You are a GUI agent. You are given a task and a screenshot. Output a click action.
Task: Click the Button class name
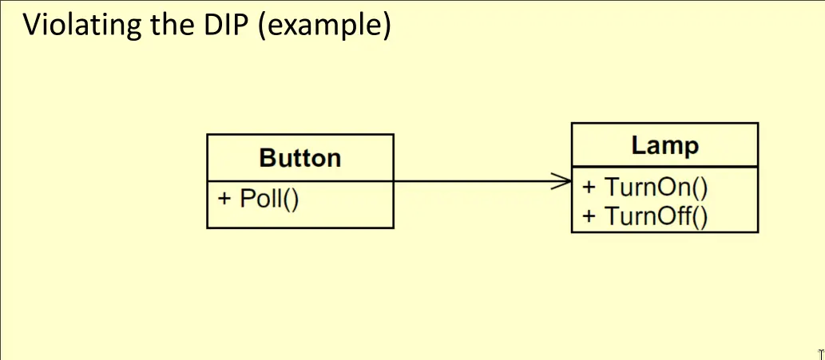[x=300, y=158]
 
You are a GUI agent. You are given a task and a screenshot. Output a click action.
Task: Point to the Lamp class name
[x=664, y=146]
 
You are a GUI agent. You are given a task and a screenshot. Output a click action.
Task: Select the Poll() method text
[x=269, y=198]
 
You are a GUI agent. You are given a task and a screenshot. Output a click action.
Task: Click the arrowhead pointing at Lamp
[x=564, y=181]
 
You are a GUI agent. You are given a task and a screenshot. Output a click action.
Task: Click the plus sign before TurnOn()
[x=589, y=188]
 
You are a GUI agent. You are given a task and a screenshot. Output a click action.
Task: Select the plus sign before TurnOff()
[x=589, y=216]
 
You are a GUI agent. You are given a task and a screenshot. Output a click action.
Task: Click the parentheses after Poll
[x=290, y=198]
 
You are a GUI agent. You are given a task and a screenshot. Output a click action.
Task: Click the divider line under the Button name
[x=300, y=181]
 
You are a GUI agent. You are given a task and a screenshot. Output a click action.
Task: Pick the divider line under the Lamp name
[x=664, y=167]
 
